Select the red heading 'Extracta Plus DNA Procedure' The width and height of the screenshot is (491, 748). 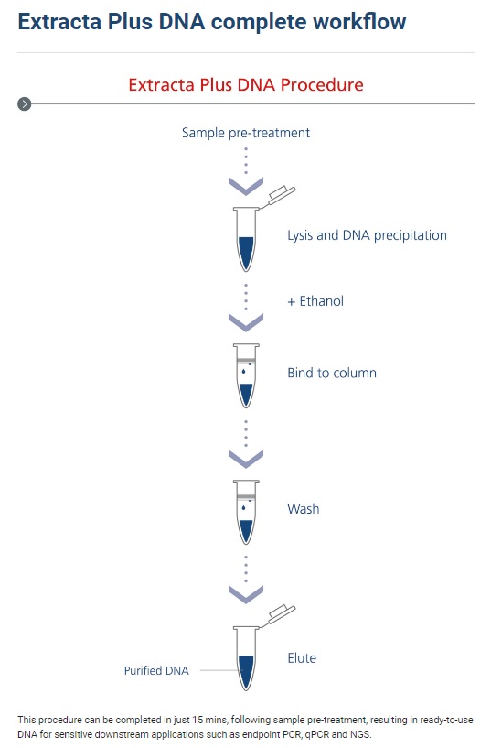coord(246,85)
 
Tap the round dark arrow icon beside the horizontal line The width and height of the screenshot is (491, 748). coord(25,103)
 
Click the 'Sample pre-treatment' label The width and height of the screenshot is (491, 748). coord(246,133)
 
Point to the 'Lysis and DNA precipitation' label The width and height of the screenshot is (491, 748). coord(368,235)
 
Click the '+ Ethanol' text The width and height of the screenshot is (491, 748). coord(315,301)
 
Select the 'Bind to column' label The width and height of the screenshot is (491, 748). coord(332,373)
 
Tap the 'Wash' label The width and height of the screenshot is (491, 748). coord(304,508)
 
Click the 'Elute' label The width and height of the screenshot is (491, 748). coord(302,658)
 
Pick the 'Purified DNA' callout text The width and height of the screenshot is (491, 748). coord(156,670)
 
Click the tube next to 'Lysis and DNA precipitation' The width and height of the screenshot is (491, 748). coord(246,240)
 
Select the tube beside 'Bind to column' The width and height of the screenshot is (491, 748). coord(246,375)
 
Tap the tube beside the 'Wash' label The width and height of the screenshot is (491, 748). coord(246,512)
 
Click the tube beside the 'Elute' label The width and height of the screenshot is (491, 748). coord(246,659)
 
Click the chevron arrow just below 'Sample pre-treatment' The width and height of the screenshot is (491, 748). coord(246,186)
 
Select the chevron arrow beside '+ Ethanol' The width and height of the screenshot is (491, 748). coord(246,322)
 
